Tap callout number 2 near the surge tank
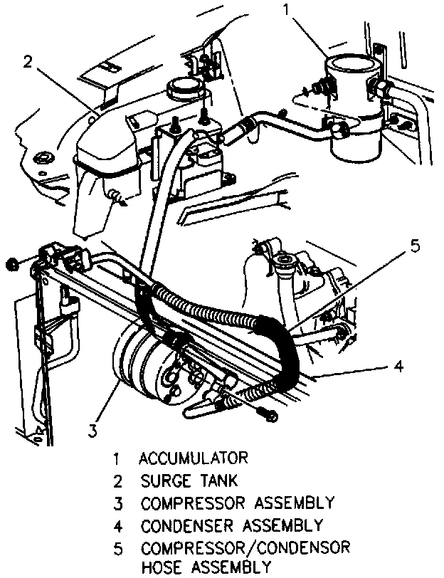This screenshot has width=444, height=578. [x=27, y=62]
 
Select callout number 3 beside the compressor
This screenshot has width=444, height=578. [x=92, y=429]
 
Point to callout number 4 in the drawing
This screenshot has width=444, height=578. [x=399, y=367]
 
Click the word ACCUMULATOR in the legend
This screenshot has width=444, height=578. [x=194, y=456]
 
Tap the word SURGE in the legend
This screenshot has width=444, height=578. [x=165, y=480]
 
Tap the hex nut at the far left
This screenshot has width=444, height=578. [x=11, y=264]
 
